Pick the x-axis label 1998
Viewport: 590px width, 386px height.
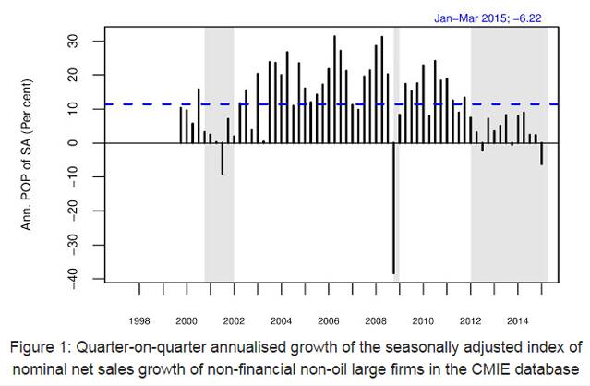(139, 320)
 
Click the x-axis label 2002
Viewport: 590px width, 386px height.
(234, 320)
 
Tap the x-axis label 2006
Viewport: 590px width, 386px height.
(329, 320)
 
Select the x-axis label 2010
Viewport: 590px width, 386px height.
(423, 320)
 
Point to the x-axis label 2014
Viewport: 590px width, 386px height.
(517, 320)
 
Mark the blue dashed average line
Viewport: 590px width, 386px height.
(277, 104)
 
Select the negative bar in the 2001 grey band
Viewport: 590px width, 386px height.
(222, 158)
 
